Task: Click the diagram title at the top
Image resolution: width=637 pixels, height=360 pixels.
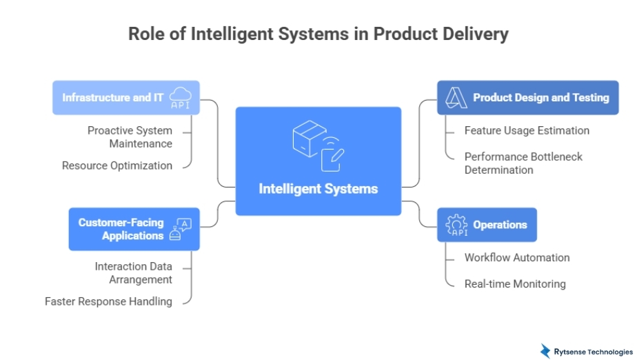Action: pyautogui.click(x=318, y=34)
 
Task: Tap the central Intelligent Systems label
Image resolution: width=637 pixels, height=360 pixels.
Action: pyautogui.click(x=318, y=188)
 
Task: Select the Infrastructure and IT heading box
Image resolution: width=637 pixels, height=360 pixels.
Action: pyautogui.click(x=126, y=97)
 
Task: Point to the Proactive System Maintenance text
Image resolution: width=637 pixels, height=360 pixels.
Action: pyautogui.click(x=130, y=137)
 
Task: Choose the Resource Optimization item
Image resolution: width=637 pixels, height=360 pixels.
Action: pyautogui.click(x=117, y=166)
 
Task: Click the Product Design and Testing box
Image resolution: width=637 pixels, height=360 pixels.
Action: pyautogui.click(x=527, y=97)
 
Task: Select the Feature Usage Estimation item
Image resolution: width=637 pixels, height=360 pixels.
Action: pyautogui.click(x=527, y=130)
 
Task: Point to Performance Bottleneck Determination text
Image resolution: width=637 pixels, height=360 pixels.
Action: pyautogui.click(x=523, y=163)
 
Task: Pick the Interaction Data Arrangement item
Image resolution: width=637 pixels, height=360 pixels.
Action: pyautogui.click(x=134, y=272)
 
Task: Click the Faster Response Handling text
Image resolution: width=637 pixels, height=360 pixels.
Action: pyautogui.click(x=108, y=301)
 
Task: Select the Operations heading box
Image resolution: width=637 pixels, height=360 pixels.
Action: pyautogui.click(x=487, y=225)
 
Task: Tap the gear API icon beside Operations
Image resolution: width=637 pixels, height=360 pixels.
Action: pyautogui.click(x=456, y=225)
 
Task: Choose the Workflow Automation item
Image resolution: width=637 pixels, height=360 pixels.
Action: pyautogui.click(x=517, y=257)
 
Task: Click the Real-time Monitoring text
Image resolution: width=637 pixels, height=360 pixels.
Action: pyautogui.click(x=515, y=283)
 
